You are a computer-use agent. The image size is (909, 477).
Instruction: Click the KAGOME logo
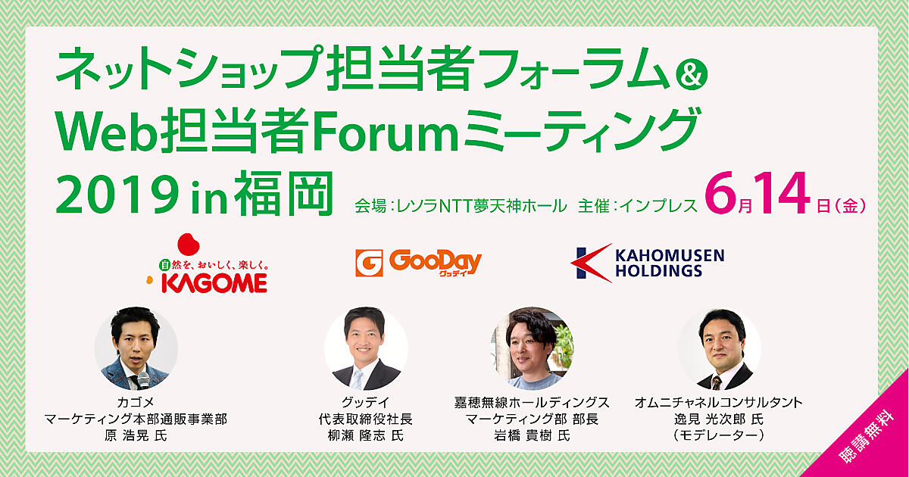click(207, 263)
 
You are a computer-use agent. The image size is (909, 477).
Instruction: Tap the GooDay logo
click(418, 263)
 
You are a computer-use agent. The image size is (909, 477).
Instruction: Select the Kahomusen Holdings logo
click(647, 263)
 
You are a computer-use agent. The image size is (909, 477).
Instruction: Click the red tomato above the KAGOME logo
click(189, 245)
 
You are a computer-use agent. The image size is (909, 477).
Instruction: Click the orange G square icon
click(369, 263)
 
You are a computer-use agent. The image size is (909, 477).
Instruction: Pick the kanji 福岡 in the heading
click(284, 194)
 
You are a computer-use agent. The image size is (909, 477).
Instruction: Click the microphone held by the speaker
click(143, 379)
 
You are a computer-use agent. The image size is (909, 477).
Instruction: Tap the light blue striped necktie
click(357, 379)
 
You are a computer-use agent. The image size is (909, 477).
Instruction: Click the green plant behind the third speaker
click(564, 345)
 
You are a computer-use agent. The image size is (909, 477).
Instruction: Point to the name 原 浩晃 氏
click(136, 435)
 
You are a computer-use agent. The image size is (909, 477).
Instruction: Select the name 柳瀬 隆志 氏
click(366, 435)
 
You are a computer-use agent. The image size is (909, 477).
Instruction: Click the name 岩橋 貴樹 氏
click(532, 435)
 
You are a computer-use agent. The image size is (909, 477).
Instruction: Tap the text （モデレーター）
click(719, 435)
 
